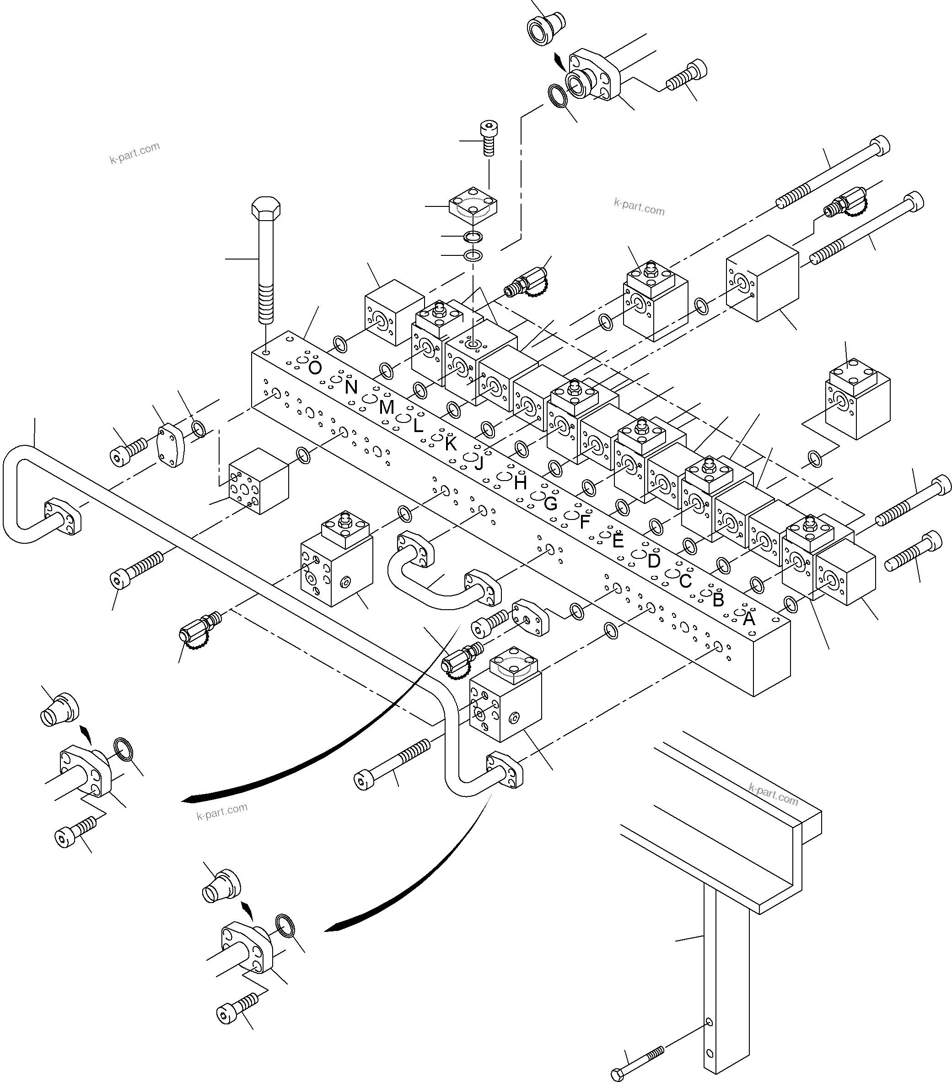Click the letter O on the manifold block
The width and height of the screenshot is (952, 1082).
click(x=314, y=368)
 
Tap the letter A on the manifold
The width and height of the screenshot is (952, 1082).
click(x=748, y=618)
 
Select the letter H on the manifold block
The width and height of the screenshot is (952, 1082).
click(x=520, y=482)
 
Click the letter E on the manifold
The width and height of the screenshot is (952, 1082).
click(x=618, y=541)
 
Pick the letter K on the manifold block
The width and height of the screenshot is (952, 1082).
click(x=450, y=443)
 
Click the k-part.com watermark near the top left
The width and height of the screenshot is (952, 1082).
click(x=134, y=153)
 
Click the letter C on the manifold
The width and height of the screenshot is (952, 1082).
click(x=685, y=581)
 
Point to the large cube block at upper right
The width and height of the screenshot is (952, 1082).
click(x=762, y=278)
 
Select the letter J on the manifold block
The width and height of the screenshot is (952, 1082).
click(x=479, y=463)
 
